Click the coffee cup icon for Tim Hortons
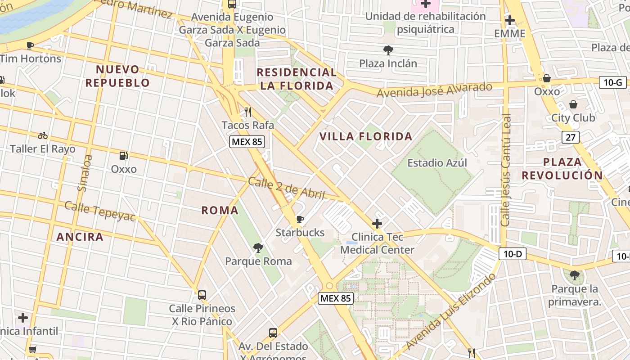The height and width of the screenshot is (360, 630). (30, 45)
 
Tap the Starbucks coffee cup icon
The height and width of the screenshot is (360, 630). (300, 220)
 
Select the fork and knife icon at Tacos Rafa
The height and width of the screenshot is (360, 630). (247, 112)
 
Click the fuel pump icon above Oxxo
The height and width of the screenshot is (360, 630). (123, 156)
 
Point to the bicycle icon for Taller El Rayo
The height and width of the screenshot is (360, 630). (43, 135)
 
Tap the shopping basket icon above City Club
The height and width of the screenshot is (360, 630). (573, 105)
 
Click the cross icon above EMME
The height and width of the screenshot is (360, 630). (509, 20)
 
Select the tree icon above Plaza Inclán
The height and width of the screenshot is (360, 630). (388, 50)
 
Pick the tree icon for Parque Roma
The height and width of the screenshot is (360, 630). (258, 248)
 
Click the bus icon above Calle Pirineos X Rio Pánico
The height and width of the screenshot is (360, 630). (202, 295)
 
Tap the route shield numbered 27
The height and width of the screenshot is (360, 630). (570, 137)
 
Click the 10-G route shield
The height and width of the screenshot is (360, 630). (613, 82)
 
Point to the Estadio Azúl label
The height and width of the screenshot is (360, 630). (437, 163)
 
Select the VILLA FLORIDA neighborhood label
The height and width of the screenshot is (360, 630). (366, 136)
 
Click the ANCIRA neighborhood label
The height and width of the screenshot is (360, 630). (80, 237)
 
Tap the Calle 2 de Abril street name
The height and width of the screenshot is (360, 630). (286, 189)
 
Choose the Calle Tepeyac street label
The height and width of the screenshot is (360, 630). (100, 211)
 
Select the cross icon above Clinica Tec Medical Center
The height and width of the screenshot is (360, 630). (377, 224)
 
